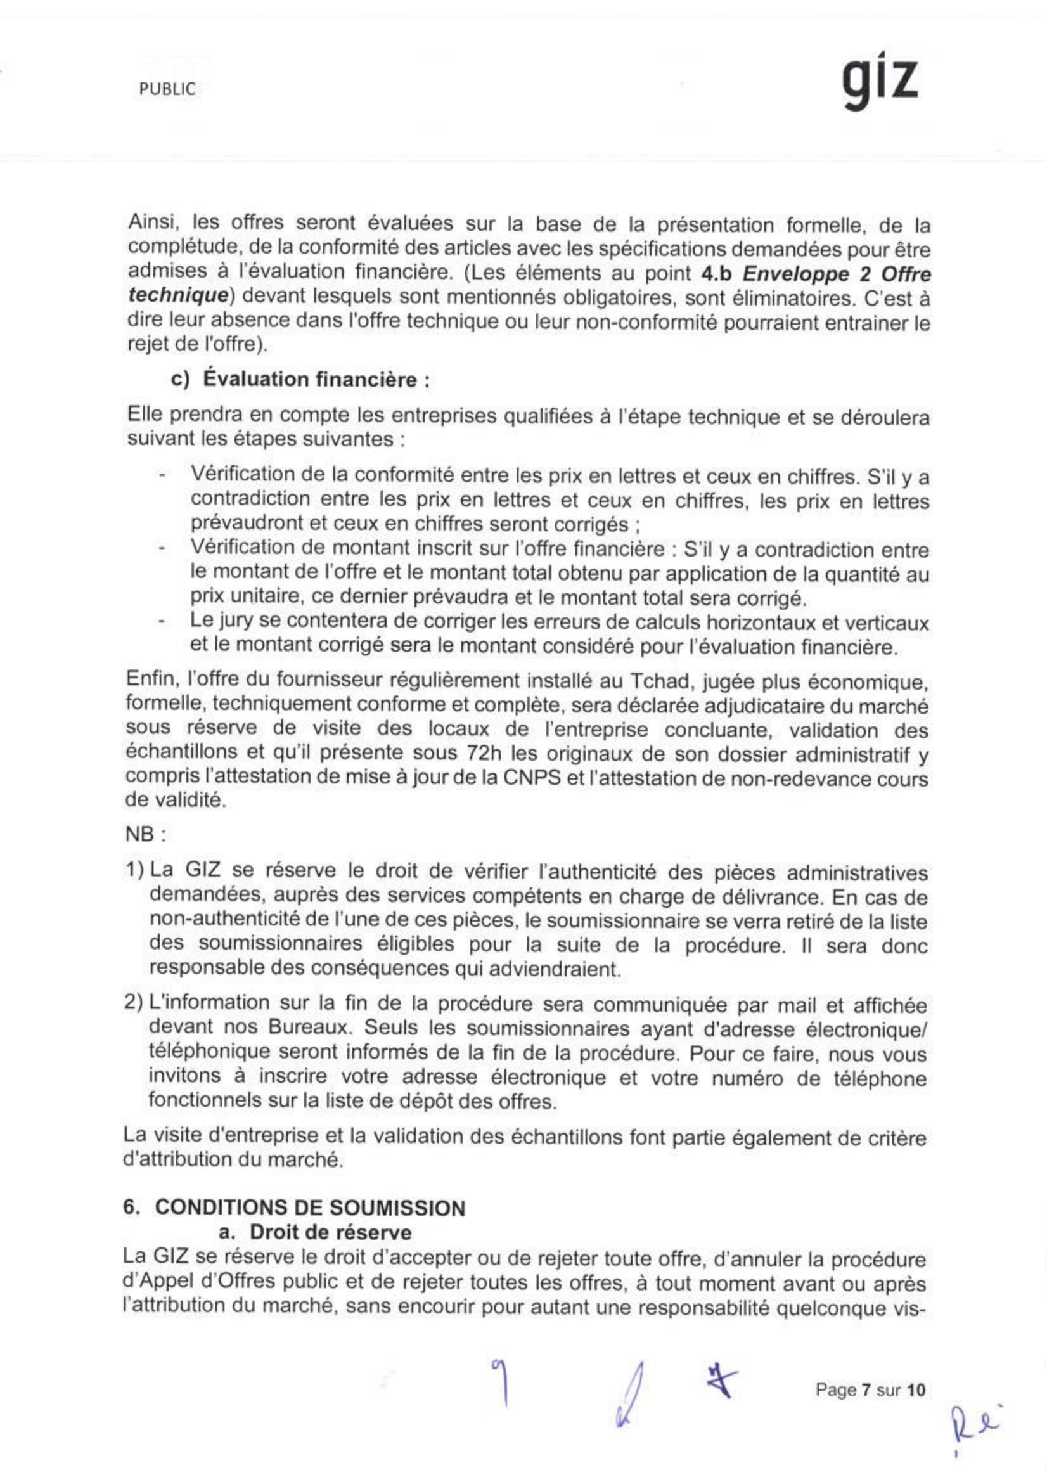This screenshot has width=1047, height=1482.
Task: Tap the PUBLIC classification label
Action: pos(167,90)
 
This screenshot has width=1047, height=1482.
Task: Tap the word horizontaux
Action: pos(763,622)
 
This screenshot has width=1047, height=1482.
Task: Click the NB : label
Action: pos(146,835)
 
